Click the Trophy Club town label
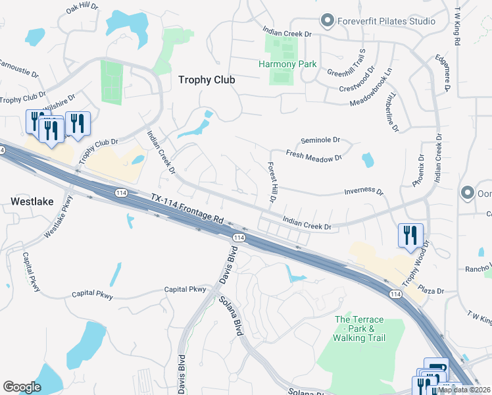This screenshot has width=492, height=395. pos(207,80)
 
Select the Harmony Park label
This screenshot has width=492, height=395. pos(287,65)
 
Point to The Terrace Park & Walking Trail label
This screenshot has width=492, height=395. pos(358,329)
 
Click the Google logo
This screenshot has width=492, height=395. pos(22,387)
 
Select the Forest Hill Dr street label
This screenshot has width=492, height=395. pos(270,182)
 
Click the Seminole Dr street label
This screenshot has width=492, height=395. pos(320,140)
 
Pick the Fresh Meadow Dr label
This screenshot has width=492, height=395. pos(314,156)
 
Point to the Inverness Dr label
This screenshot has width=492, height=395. pos(363,192)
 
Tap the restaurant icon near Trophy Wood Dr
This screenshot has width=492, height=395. pos(410,235)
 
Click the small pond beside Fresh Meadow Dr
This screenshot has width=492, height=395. pos(367,160)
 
